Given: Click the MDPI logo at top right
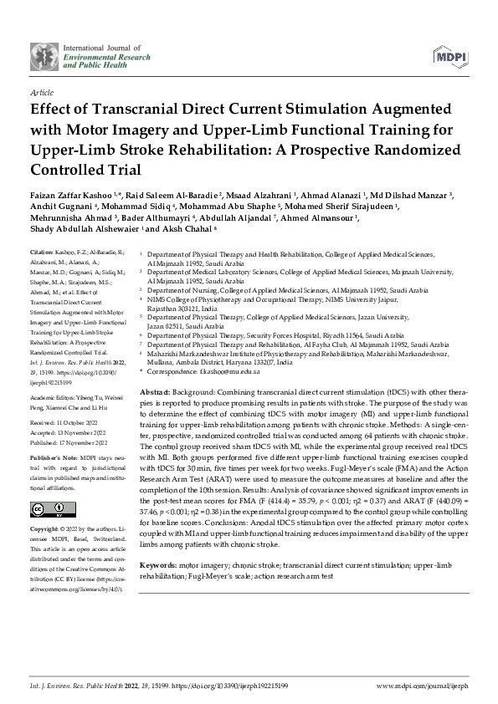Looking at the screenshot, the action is (451, 56).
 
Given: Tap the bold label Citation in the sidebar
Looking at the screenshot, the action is (41, 252).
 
